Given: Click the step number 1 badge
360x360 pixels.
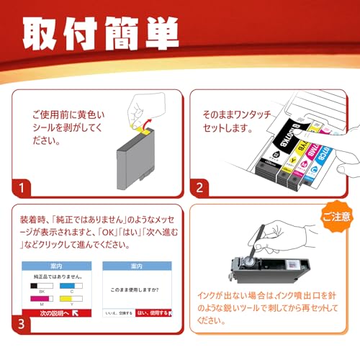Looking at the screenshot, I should [24, 189].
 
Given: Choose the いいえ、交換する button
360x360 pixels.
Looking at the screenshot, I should [117, 313].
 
